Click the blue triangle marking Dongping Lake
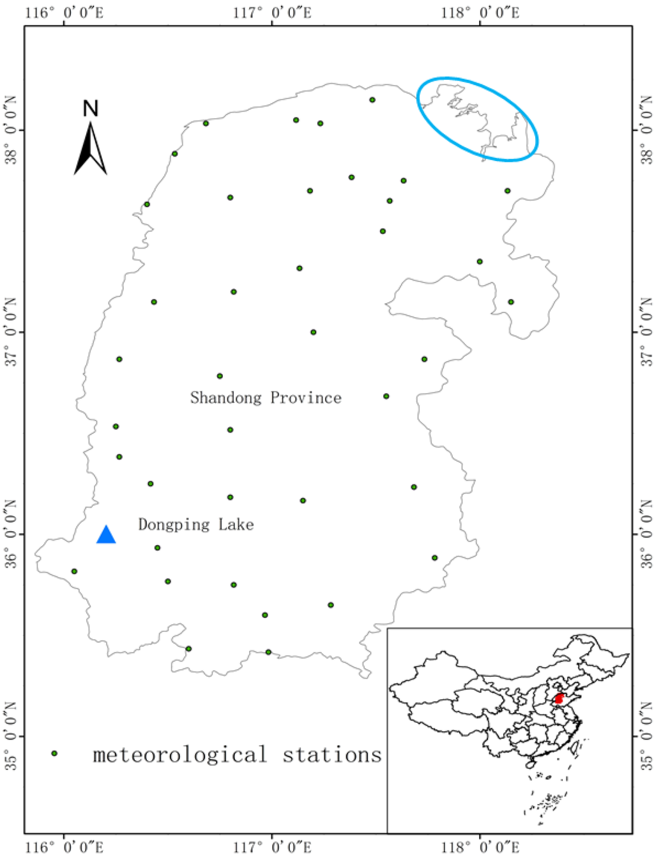pyautogui.click(x=106, y=535)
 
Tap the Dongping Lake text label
pyautogui.click(x=196, y=525)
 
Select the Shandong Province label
pyautogui.click(x=266, y=398)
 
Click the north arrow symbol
pyautogui.click(x=90, y=150)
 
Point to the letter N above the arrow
pyautogui.click(x=91, y=109)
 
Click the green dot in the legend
pyautogui.click(x=54, y=753)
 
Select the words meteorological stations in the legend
pyautogui.click(x=237, y=755)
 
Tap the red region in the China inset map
pyautogui.click(x=559, y=699)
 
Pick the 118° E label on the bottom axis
pyautogui.click(x=480, y=847)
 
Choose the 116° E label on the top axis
pyautogui.click(x=64, y=12)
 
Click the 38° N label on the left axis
pyautogui.click(x=11, y=130)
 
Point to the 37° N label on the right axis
pyautogui.click(x=646, y=332)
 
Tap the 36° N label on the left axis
pyautogui.click(x=11, y=534)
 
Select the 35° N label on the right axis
pyautogui.click(x=646, y=736)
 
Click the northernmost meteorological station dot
pyautogui.click(x=372, y=100)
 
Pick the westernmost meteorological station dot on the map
pyautogui.click(x=74, y=571)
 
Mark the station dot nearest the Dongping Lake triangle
pyautogui.click(x=157, y=548)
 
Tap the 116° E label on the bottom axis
pyautogui.click(x=64, y=847)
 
